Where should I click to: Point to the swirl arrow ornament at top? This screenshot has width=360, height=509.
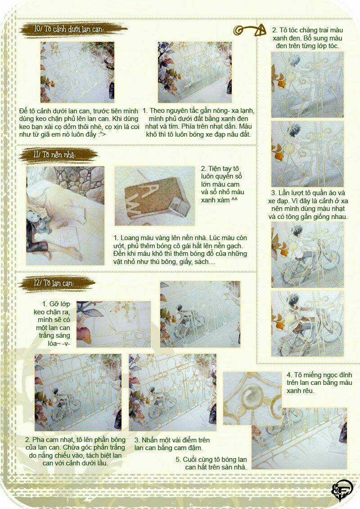coord(249,31)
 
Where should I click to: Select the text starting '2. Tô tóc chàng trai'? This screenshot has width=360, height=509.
coord(307,38)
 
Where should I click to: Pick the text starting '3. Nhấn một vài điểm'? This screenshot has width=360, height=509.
coord(172,444)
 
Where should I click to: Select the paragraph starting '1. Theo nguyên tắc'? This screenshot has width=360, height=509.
coord(199,122)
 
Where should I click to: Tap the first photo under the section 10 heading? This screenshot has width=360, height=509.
coord(77,72)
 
